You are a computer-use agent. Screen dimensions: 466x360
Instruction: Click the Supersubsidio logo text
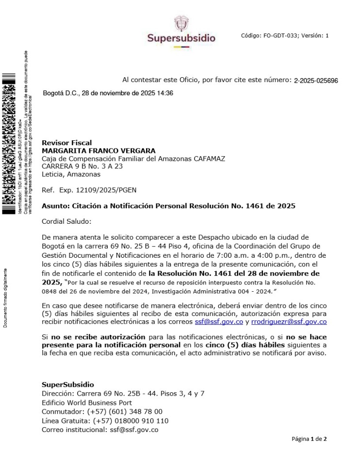click(181, 38)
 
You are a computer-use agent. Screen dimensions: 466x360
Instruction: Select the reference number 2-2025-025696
click(316, 81)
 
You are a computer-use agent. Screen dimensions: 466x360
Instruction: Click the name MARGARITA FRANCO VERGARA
click(98, 151)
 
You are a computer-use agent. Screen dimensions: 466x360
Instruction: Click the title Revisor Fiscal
click(66, 143)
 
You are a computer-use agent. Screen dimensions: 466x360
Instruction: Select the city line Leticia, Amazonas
click(71, 174)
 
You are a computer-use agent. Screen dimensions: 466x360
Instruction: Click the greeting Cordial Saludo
click(66, 221)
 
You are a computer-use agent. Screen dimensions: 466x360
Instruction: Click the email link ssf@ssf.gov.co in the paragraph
click(226, 322)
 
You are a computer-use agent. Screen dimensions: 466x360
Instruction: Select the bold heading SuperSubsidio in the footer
click(68, 384)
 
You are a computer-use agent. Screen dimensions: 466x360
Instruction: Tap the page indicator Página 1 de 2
click(309, 439)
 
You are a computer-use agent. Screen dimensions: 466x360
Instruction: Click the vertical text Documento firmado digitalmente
click(5, 297)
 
